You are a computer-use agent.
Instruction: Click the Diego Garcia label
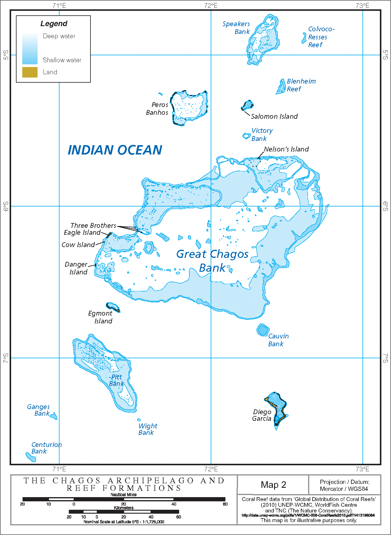(262, 415)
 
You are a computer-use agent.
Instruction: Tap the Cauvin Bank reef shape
(263, 330)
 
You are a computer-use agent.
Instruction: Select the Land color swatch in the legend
(30, 72)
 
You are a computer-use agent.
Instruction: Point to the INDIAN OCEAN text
(115, 150)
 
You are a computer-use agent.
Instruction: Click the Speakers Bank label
(237, 28)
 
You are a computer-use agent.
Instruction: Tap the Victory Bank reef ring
(246, 136)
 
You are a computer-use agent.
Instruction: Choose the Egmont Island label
(101, 317)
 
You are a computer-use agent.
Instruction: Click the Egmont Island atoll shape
(113, 307)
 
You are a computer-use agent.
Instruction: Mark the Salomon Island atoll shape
(248, 105)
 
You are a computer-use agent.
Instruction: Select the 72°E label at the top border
(211, 5)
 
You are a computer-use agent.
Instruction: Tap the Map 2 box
(273, 485)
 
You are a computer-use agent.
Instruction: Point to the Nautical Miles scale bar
(124, 499)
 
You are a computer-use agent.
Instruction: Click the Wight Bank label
(147, 429)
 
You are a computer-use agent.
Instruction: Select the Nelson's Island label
(286, 149)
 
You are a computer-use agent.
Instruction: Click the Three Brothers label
(93, 225)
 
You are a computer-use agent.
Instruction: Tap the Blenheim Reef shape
(281, 87)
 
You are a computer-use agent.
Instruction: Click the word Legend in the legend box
(54, 23)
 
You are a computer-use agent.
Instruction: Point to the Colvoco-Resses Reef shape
(304, 38)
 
